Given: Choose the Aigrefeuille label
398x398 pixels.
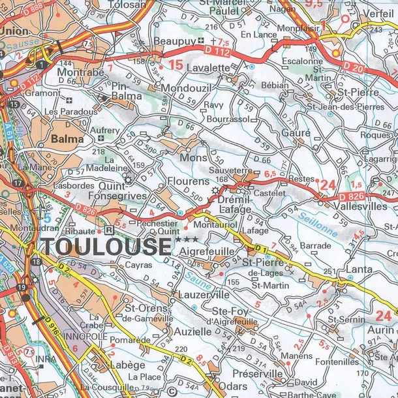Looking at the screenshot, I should pos(207,251).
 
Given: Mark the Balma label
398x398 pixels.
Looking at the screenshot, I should pos(67,139).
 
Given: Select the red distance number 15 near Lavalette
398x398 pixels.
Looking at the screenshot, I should pos(175,65).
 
